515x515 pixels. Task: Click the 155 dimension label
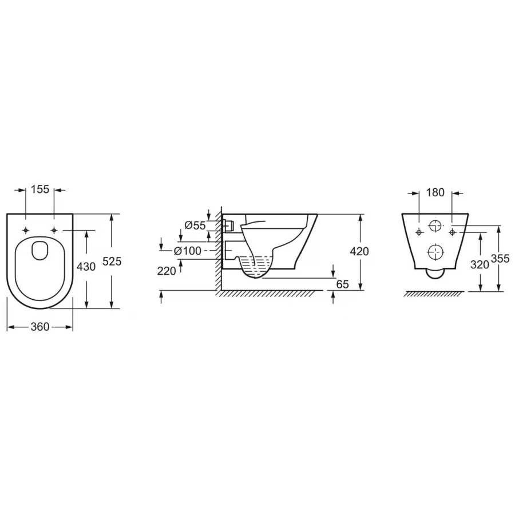coord(39,189)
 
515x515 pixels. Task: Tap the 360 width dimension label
coord(39,327)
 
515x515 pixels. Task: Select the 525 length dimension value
coord(112,262)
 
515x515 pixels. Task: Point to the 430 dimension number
coord(86,266)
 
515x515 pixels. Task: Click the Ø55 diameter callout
coord(195,225)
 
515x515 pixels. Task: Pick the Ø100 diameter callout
coord(187,251)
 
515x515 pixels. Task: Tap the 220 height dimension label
coord(167,271)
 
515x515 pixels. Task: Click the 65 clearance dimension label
coord(342,284)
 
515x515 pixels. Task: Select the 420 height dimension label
coord(359,252)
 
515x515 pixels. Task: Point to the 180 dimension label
coord(435,192)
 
